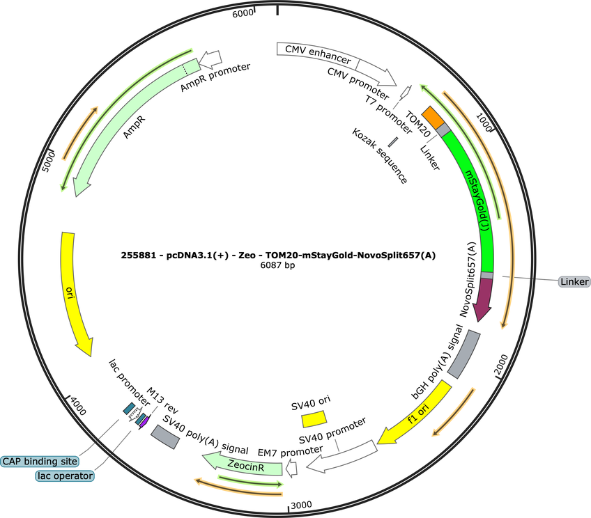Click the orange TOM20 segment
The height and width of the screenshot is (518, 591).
point(433,117)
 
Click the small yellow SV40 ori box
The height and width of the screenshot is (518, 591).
point(314,418)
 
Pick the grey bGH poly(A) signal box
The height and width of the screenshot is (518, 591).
point(464,354)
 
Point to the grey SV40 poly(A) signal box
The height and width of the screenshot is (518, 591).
point(165,437)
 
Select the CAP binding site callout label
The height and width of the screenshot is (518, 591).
point(40,462)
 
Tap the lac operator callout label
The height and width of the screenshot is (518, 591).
point(65,476)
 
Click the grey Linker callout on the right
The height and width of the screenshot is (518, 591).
point(574,281)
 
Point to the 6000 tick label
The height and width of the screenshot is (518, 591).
point(243,13)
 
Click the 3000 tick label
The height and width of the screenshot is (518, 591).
point(301,505)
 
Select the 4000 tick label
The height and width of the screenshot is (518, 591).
point(78,406)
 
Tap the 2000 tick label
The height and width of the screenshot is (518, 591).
point(501,364)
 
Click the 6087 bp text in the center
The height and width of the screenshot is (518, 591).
point(278,265)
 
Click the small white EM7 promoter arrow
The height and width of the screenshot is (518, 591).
point(291,469)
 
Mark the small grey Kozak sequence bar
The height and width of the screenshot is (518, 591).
point(393,142)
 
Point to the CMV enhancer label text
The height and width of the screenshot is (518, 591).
point(318,54)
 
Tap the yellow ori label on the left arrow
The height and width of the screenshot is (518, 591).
point(70,292)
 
